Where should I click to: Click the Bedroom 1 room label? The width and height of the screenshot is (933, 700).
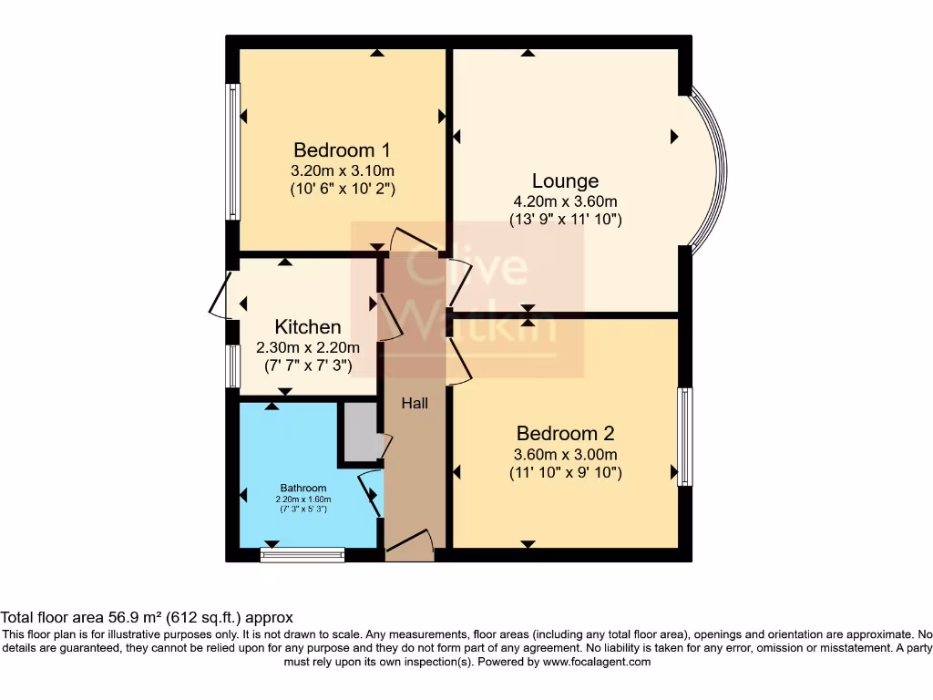[x=342, y=149]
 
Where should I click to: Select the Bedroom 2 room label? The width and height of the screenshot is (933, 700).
[x=565, y=433]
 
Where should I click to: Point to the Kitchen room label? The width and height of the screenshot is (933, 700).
[x=308, y=326]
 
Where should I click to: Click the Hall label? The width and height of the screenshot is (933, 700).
[x=415, y=403]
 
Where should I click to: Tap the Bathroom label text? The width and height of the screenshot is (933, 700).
[x=302, y=489]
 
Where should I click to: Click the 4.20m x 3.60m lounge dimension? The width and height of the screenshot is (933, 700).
[x=565, y=201]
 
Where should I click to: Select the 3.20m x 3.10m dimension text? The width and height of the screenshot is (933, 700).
[x=342, y=170]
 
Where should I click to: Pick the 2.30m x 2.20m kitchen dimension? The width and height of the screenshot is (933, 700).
[x=308, y=347]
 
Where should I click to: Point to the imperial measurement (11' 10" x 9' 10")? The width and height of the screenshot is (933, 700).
[x=565, y=473]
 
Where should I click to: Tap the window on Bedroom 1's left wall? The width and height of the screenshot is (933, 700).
[x=233, y=151]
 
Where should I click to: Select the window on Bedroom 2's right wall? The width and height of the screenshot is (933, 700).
[x=685, y=437]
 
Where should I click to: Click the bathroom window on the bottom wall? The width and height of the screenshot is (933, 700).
[x=302, y=554]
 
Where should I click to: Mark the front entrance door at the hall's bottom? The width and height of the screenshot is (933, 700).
[x=408, y=543]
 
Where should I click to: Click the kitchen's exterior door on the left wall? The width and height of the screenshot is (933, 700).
[x=219, y=296]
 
